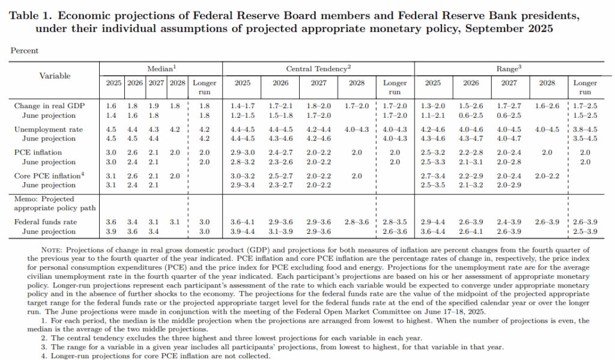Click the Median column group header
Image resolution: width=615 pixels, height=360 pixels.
pyautogui.click(x=162, y=69)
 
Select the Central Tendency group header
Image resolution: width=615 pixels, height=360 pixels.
pyautogui.click(x=318, y=69)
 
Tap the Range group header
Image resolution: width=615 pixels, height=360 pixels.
pyautogui.click(x=509, y=69)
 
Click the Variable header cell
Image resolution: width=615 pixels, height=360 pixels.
pyautogui.click(x=55, y=76)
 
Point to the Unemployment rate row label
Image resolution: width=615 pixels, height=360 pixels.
pyautogui.click(x=48, y=129)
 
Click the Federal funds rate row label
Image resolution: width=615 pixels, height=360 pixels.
pyautogui.click(x=46, y=222)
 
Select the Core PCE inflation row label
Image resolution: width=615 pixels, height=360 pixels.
pyautogui.click(x=49, y=175)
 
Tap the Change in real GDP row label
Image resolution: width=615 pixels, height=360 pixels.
pyautogui.click(x=49, y=106)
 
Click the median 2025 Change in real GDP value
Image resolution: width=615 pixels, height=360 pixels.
pyautogui.click(x=111, y=106)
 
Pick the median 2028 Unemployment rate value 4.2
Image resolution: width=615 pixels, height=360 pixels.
pyautogui.click(x=175, y=129)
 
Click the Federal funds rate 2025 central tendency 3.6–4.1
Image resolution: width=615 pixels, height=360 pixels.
pyautogui.click(x=243, y=222)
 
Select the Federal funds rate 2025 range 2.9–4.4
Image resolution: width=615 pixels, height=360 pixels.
pyautogui.click(x=433, y=222)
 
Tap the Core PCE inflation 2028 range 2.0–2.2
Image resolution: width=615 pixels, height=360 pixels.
pyautogui.click(x=547, y=176)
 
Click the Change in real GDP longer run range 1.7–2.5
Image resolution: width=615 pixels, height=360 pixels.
pyautogui.click(x=585, y=106)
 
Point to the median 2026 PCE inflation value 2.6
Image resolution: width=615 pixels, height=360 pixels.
pyautogui.click(x=132, y=152)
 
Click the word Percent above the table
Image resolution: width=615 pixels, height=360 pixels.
pyautogui.click(x=24, y=50)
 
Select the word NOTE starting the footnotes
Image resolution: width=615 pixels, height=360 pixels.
pyautogui.click(x=52, y=250)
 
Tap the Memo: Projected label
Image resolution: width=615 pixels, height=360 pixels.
pyautogui.click(x=44, y=199)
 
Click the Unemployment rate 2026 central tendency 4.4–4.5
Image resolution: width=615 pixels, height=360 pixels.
pyautogui.click(x=280, y=129)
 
